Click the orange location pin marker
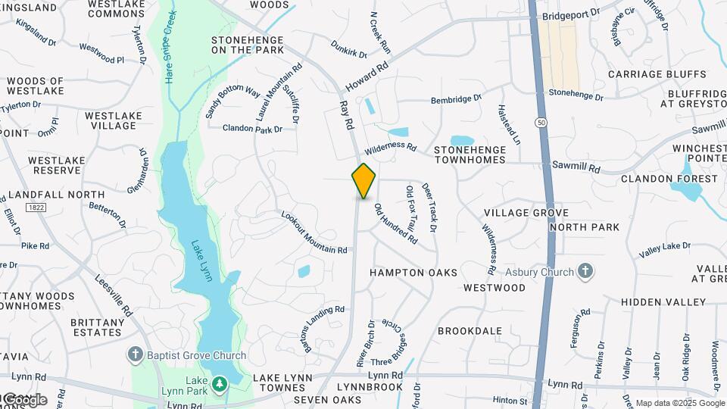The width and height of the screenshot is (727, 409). click(x=363, y=180)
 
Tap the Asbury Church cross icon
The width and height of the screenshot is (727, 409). click(x=585, y=270)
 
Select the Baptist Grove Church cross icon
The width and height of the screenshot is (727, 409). click(x=136, y=354)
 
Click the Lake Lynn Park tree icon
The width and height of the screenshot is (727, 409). click(x=220, y=385)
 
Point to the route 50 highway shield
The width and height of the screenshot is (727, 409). click(x=541, y=121)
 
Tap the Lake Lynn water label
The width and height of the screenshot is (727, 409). click(x=201, y=261)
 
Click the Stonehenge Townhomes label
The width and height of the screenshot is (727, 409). click(x=479, y=155)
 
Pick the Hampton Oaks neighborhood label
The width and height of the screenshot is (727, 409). click(x=413, y=272)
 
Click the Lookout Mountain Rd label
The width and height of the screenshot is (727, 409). click(x=314, y=233)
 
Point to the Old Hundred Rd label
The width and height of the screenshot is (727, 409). click(x=395, y=223)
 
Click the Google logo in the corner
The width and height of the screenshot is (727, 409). click(x=24, y=399)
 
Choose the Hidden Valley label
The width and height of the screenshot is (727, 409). click(x=663, y=301)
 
